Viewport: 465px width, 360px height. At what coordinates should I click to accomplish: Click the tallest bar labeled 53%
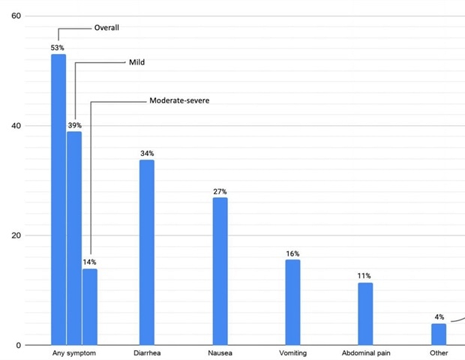(58, 199)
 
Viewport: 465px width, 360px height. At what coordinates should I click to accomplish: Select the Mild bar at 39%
(73, 238)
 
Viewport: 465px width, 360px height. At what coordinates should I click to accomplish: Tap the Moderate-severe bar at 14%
(90, 307)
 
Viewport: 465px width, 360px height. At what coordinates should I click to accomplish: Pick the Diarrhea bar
(147, 252)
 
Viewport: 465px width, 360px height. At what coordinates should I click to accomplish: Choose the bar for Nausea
(220, 271)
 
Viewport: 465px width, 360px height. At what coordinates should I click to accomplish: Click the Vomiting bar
(292, 302)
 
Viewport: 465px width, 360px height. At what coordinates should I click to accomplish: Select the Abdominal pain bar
(365, 313)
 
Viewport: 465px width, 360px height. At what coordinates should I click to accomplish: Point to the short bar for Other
(439, 334)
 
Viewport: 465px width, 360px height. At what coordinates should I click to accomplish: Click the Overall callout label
(106, 28)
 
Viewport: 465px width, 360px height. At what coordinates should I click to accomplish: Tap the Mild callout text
(136, 62)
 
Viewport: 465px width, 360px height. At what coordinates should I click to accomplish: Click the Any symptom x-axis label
(73, 352)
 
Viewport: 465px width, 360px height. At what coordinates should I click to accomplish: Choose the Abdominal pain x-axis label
(365, 352)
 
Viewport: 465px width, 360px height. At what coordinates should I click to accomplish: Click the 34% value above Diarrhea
(147, 154)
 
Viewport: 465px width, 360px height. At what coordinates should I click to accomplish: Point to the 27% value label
(220, 192)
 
